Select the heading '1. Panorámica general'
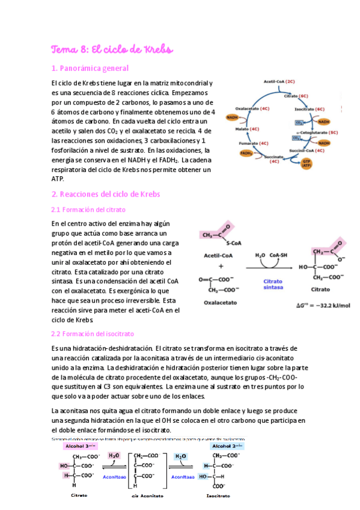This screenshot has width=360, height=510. click(90, 68)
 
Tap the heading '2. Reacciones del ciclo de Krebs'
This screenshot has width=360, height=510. click(106, 194)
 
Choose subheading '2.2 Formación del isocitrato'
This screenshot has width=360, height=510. click(93, 333)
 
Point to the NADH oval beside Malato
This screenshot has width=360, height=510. click(231, 118)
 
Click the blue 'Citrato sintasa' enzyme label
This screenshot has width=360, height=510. click(274, 284)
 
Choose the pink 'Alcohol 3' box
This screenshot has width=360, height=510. click(80, 447)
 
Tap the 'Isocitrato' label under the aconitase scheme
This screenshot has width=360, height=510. click(218, 496)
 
